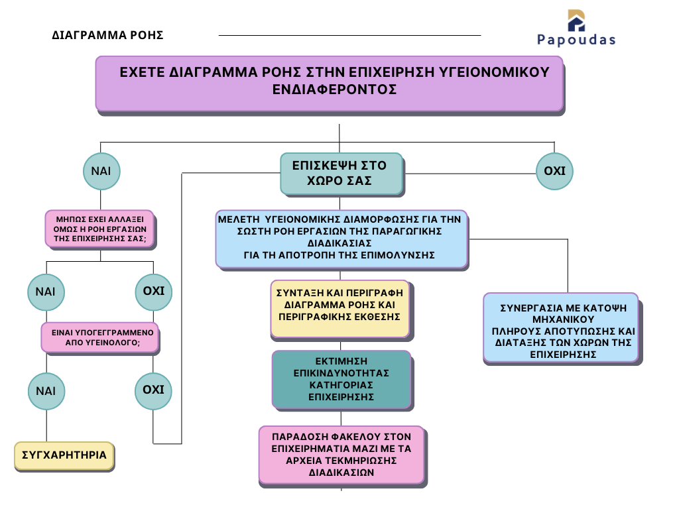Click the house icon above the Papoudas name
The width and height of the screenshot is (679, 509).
576,21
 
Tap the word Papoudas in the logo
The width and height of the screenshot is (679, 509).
576,40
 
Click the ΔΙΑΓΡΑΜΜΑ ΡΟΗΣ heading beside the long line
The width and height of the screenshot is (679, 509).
107,36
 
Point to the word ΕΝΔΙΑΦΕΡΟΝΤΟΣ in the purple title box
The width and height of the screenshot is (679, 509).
335,89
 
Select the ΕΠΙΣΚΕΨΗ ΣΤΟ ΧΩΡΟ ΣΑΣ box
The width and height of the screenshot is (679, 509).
341,174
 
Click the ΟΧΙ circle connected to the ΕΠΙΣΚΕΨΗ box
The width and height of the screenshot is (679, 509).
554,171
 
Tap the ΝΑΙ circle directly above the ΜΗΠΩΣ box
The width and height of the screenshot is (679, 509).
101,171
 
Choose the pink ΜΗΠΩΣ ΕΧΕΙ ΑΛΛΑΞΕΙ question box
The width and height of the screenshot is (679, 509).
99,229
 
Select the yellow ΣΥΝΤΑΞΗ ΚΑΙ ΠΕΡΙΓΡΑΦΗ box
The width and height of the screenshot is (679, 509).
341,308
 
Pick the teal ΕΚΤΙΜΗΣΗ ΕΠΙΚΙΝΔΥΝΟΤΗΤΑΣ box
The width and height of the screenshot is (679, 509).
341,379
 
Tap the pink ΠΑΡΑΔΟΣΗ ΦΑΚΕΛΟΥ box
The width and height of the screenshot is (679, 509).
341,455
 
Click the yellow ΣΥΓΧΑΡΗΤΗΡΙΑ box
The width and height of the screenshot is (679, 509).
64,456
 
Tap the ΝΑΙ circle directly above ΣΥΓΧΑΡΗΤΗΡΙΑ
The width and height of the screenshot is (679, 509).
46,391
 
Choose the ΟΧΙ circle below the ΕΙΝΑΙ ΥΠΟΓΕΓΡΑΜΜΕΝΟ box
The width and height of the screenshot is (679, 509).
153,390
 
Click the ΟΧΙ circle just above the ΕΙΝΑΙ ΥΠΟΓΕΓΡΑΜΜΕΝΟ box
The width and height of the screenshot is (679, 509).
153,291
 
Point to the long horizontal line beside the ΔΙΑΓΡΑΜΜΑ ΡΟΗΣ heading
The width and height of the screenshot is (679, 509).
349,35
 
